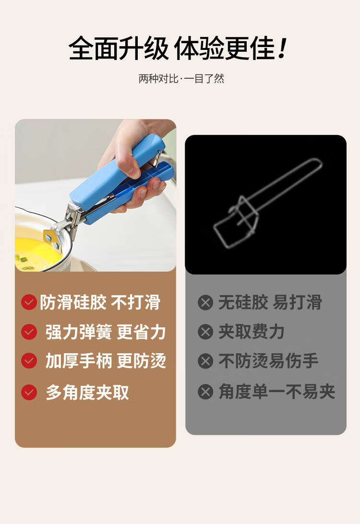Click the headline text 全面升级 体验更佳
point(173,49)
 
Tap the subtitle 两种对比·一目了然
point(181,79)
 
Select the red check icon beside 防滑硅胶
point(29,302)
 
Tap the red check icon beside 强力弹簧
point(29,332)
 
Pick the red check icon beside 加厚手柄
point(29,361)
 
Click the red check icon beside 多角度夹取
point(29,392)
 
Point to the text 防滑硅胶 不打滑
point(100,302)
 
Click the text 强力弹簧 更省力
point(106,332)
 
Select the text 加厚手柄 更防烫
point(106,361)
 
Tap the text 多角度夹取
point(87,392)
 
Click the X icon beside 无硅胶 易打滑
point(205,303)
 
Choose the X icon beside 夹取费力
point(205,332)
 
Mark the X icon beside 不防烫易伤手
point(205,361)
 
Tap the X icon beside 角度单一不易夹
point(205,392)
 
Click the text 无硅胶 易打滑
point(270,303)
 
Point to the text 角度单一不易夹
point(276,392)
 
